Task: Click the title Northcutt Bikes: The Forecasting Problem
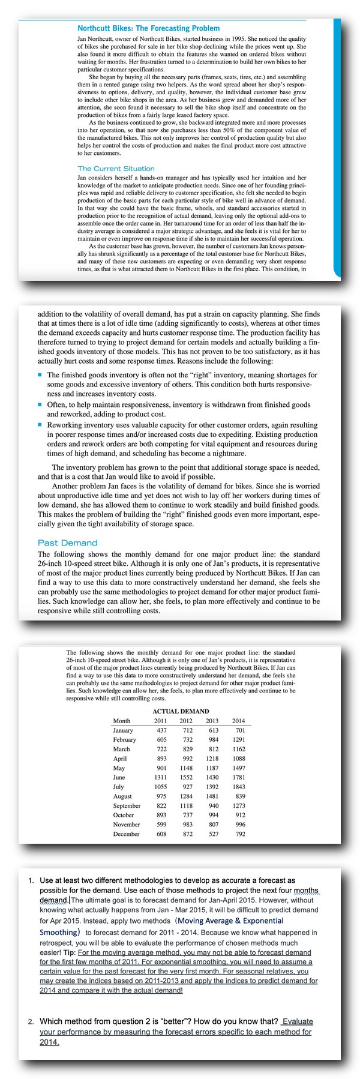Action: point(148,28)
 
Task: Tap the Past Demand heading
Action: point(67,543)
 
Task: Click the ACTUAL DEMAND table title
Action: point(181,711)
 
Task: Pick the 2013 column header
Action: point(212,721)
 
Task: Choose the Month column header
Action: point(122,721)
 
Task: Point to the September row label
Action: point(127,805)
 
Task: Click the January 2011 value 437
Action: point(161,730)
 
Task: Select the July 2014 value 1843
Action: point(238,787)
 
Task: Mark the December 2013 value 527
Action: point(214,834)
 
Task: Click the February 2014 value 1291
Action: point(238,739)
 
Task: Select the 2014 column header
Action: point(238,721)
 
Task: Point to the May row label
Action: point(119,768)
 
